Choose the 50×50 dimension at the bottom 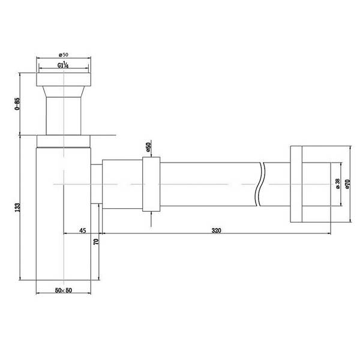coord(63,290)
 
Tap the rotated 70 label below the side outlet coord(95,242)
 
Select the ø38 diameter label coord(338,184)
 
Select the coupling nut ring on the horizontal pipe coord(152,184)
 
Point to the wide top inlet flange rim coord(64,80)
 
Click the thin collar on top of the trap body coord(64,142)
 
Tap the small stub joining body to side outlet coord(96,184)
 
